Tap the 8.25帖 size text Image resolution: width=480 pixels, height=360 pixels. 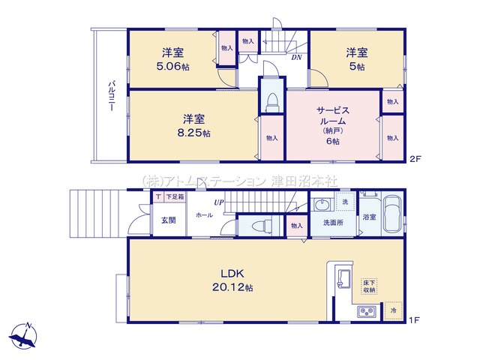(x=194, y=133)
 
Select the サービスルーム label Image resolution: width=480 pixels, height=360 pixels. (x=331, y=115)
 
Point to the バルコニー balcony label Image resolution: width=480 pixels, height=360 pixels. (x=109, y=96)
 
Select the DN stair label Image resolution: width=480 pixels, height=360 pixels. (x=296, y=57)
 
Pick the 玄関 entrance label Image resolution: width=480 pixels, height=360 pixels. (x=168, y=220)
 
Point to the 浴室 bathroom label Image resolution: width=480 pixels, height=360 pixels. (x=369, y=217)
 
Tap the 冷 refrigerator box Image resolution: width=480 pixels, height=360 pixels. (x=393, y=309)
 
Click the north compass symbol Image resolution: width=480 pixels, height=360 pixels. (x=26, y=335)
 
